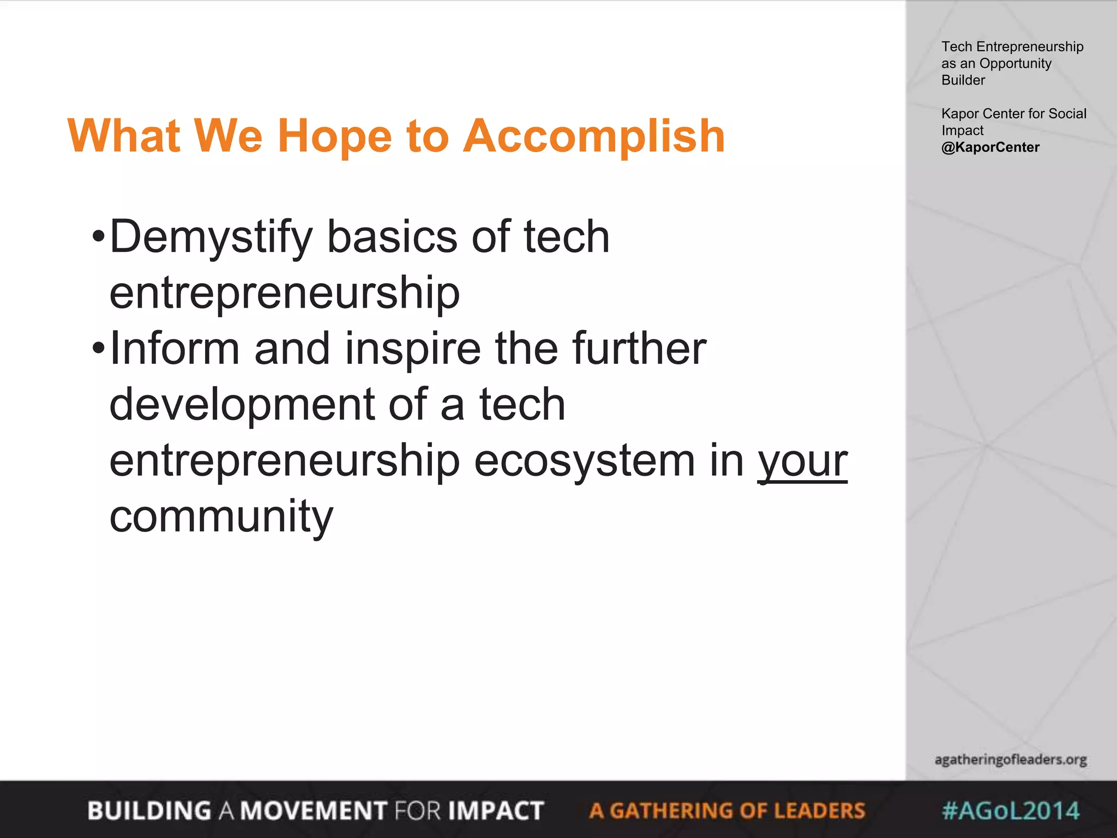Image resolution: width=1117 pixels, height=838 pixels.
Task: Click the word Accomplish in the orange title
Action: (x=594, y=136)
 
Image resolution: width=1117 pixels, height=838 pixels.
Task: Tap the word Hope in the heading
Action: (x=334, y=136)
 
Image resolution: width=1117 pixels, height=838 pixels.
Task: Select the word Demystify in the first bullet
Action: (x=211, y=238)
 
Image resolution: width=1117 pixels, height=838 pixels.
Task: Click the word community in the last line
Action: (x=221, y=516)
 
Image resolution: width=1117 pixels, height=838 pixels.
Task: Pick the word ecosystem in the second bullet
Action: (x=584, y=461)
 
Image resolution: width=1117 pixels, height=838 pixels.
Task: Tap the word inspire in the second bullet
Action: (x=413, y=349)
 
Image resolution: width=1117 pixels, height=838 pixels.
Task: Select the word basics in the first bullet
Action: (x=392, y=237)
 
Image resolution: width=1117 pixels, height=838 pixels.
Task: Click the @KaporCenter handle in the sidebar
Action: (x=990, y=147)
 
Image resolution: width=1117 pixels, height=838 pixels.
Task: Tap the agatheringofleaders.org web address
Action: (x=1010, y=759)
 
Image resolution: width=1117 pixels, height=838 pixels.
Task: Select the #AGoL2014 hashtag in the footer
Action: (x=1010, y=811)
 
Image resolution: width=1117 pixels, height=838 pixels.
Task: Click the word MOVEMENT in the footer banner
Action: (x=313, y=811)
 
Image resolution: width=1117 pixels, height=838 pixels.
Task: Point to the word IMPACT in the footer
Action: (x=495, y=811)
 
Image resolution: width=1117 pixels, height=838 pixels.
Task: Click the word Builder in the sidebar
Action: (x=963, y=80)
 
